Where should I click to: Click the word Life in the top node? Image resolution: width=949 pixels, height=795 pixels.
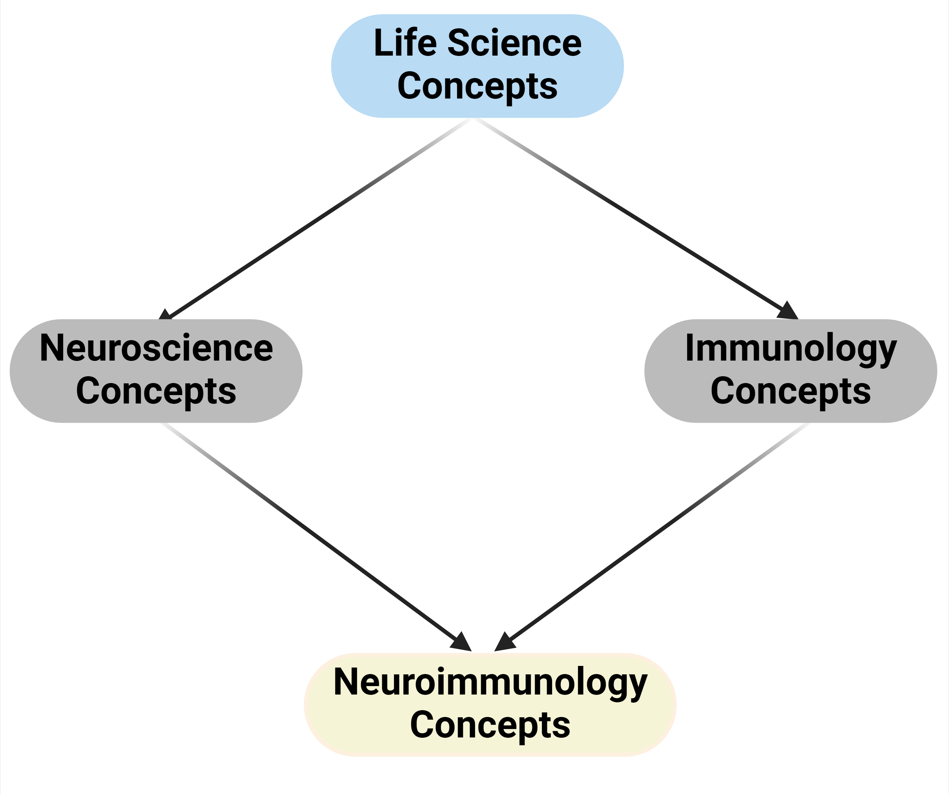(x=405, y=43)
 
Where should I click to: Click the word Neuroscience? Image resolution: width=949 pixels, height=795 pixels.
(x=156, y=348)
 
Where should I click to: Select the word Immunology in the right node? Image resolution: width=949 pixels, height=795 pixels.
(x=791, y=348)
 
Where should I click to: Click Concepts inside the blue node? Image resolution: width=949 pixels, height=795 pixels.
(x=477, y=86)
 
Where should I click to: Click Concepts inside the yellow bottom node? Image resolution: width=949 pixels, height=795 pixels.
(x=490, y=725)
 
